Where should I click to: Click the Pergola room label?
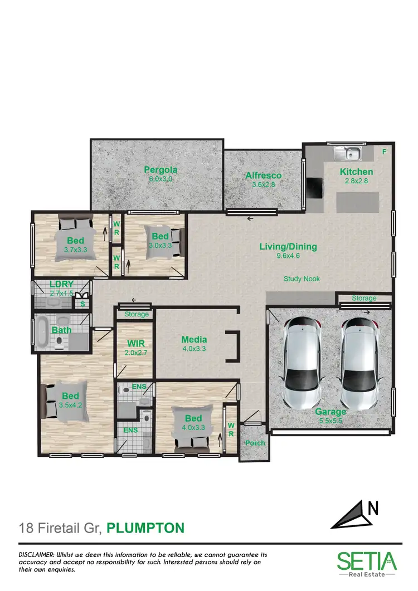point(161,170)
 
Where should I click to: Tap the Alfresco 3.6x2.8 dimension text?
point(264,184)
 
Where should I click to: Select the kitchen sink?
point(348,152)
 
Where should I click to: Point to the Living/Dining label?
point(288,246)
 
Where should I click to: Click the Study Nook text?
point(302,279)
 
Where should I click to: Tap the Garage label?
point(331,412)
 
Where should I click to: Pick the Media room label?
point(194,339)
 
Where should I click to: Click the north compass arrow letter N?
point(373,508)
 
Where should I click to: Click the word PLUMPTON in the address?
point(145,527)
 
